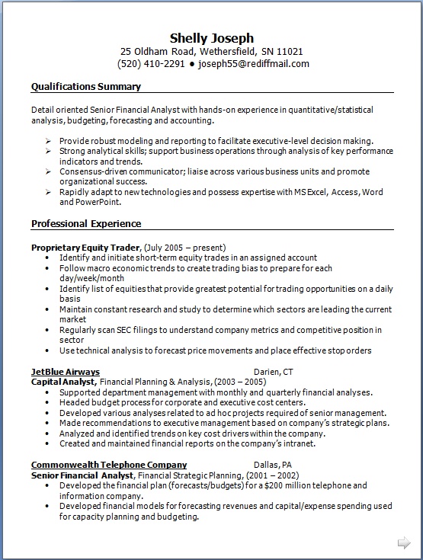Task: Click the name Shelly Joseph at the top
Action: point(211,38)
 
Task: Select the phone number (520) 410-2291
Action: point(151,64)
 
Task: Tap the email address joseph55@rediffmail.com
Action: point(254,64)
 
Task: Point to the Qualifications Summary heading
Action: point(85,86)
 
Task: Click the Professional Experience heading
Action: point(86,224)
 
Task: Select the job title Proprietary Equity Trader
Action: point(85,248)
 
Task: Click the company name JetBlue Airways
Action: point(66,372)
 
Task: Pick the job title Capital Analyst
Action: point(63,382)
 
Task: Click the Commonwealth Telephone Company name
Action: point(109,465)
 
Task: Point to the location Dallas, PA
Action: point(272,465)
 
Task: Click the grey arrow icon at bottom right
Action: point(403,542)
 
